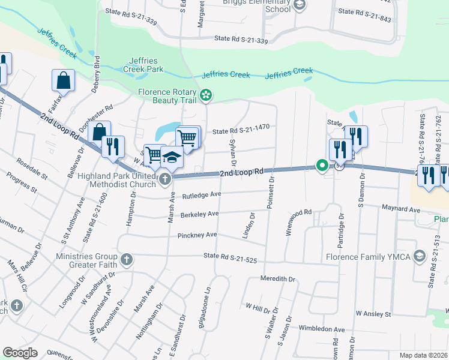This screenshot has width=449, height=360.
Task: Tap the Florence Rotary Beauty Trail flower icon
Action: click(x=206, y=95)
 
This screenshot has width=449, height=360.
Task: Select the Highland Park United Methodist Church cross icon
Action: click(x=165, y=178)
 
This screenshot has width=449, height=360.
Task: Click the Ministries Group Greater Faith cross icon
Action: click(x=126, y=260)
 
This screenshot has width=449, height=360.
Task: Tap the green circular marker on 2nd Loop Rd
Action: click(x=322, y=166)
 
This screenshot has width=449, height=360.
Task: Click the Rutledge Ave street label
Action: click(x=202, y=194)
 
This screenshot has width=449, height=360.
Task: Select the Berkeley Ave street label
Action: click(x=200, y=214)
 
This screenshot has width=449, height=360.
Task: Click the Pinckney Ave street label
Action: click(x=197, y=236)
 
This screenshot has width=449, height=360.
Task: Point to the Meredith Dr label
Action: click(x=278, y=279)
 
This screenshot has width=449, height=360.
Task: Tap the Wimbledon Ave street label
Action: click(x=322, y=329)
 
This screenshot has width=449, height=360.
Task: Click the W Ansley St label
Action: click(x=373, y=314)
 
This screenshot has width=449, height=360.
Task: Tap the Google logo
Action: click(x=20, y=353)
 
